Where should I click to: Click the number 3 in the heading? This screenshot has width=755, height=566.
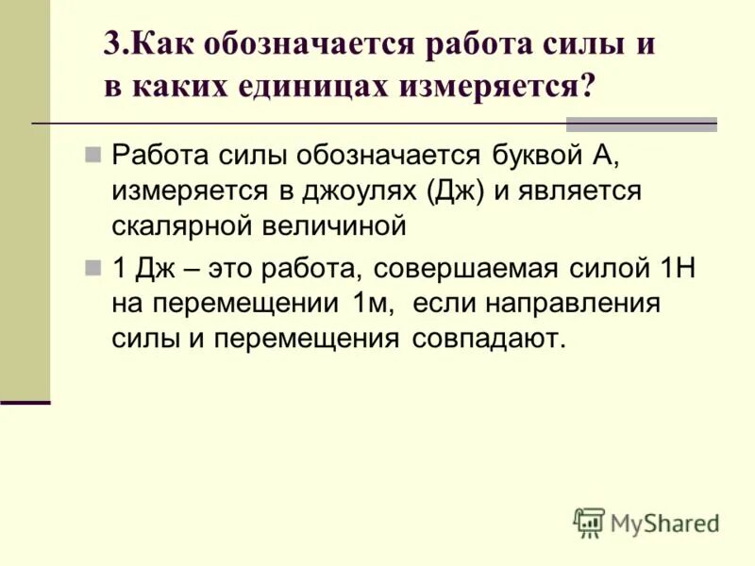pyautogui.click(x=111, y=45)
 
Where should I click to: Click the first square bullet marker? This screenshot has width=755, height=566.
pyautogui.click(x=92, y=154)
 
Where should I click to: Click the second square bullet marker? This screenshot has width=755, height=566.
pyautogui.click(x=92, y=268)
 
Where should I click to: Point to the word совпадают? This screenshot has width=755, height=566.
pyautogui.click(x=487, y=339)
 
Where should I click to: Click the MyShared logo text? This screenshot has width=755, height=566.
pyautogui.click(x=664, y=524)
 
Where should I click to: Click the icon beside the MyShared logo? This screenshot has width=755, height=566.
pyautogui.click(x=589, y=522)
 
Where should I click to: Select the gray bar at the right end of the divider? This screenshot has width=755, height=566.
pyautogui.click(x=641, y=125)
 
